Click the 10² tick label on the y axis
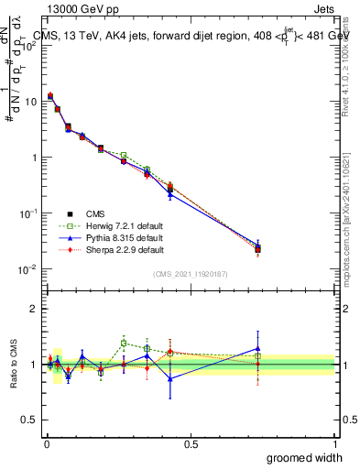point(28,46)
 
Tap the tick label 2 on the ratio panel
point(33,309)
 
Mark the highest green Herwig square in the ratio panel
point(124,344)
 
